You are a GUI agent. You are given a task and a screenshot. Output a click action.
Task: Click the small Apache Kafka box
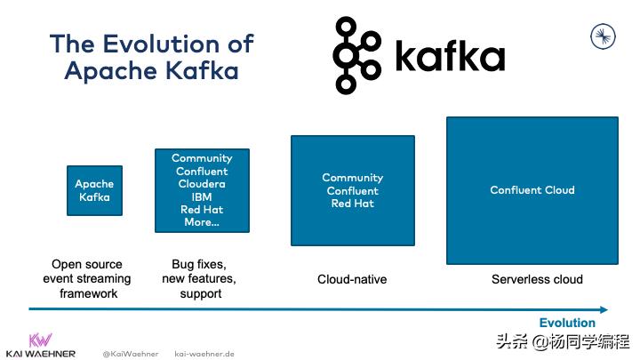pos(95,190)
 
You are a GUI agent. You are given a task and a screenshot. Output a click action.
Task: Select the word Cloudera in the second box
pos(202,184)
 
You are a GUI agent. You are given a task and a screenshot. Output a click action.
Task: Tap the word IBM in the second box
pos(202,197)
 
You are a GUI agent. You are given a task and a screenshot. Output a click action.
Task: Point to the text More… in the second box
pos(202,222)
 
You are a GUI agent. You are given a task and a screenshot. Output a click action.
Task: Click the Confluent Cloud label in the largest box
pos(532,190)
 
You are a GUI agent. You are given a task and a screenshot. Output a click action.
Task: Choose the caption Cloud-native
pos(352,279)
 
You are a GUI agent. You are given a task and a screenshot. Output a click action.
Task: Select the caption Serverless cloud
pos(537,279)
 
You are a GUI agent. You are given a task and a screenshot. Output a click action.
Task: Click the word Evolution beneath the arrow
pos(567,323)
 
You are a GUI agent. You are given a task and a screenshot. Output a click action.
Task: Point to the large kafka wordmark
pos(449,57)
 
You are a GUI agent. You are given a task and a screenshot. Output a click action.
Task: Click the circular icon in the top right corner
pos(604,36)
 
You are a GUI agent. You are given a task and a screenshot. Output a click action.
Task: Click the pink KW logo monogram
pos(40,340)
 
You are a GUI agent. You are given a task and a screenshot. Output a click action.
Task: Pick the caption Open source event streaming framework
pos(86,279)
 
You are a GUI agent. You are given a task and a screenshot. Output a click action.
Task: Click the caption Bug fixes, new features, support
pos(201,279)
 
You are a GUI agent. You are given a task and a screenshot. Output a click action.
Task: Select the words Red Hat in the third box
pos(352,204)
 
